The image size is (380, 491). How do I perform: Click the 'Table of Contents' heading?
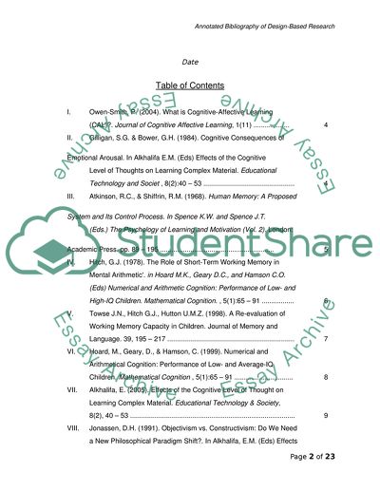pyautogui.click(x=189, y=85)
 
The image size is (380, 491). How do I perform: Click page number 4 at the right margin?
pyautogui.click(x=326, y=126)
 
